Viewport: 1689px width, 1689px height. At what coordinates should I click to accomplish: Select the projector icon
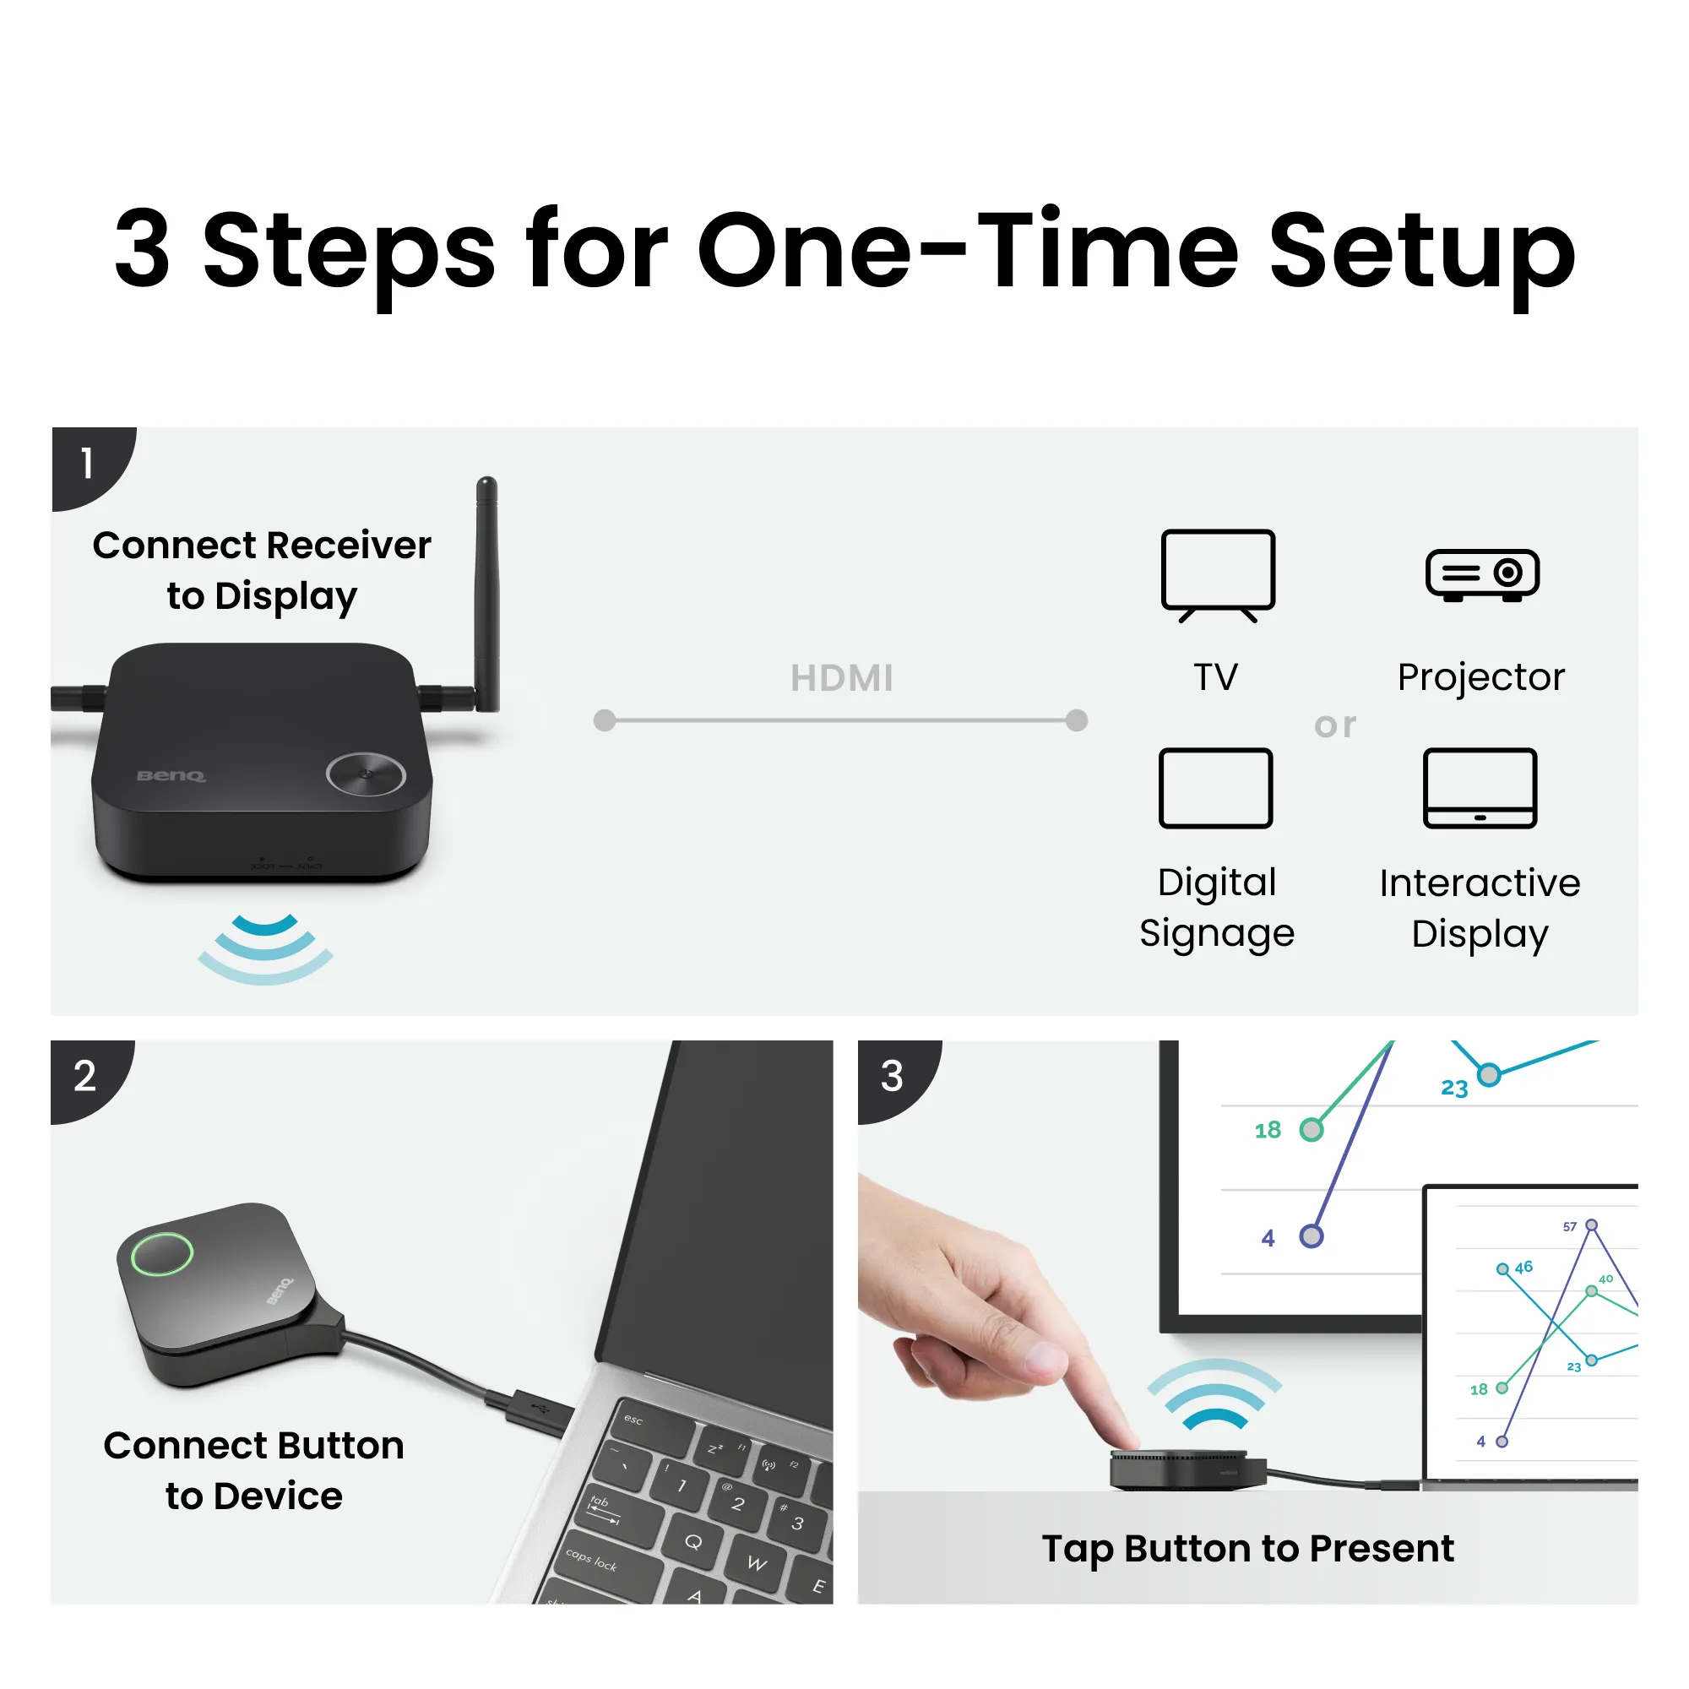(x=1482, y=574)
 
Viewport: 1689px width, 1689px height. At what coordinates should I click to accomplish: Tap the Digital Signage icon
(x=1215, y=788)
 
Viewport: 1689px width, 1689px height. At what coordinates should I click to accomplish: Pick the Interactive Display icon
(x=1480, y=788)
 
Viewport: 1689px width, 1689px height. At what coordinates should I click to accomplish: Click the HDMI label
(x=842, y=678)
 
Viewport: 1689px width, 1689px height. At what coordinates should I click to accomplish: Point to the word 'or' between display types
(x=1335, y=725)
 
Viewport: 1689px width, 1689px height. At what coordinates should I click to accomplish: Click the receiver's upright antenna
(x=487, y=595)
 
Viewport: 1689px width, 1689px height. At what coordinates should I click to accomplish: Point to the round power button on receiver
(x=366, y=774)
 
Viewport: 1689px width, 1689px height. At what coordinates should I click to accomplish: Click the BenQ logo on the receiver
(x=171, y=775)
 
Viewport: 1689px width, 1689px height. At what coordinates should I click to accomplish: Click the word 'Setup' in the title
(x=1422, y=253)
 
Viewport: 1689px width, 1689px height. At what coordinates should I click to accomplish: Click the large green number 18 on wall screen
(x=1268, y=1131)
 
